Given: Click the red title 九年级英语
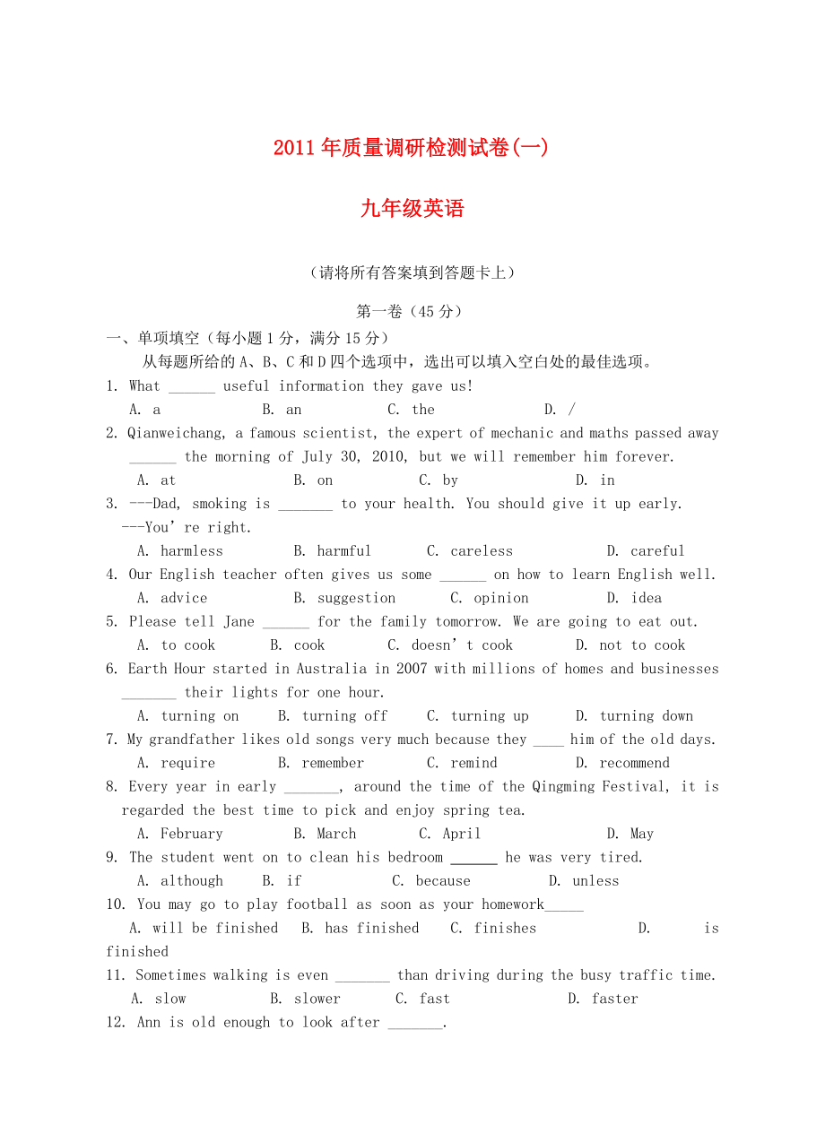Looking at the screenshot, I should coord(412,209).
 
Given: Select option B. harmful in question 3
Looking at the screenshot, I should coord(332,551).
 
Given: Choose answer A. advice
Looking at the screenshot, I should coord(172,598).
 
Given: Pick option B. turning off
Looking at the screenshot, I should coord(333,716).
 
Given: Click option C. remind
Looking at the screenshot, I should coord(462,763).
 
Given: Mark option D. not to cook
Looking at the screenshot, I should coord(630,645).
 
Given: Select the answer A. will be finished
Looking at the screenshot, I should coord(204,929).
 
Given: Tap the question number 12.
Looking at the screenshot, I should coord(117,1023).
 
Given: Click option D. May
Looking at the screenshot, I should coord(630,834).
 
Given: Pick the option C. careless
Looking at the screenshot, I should coord(470,551).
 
